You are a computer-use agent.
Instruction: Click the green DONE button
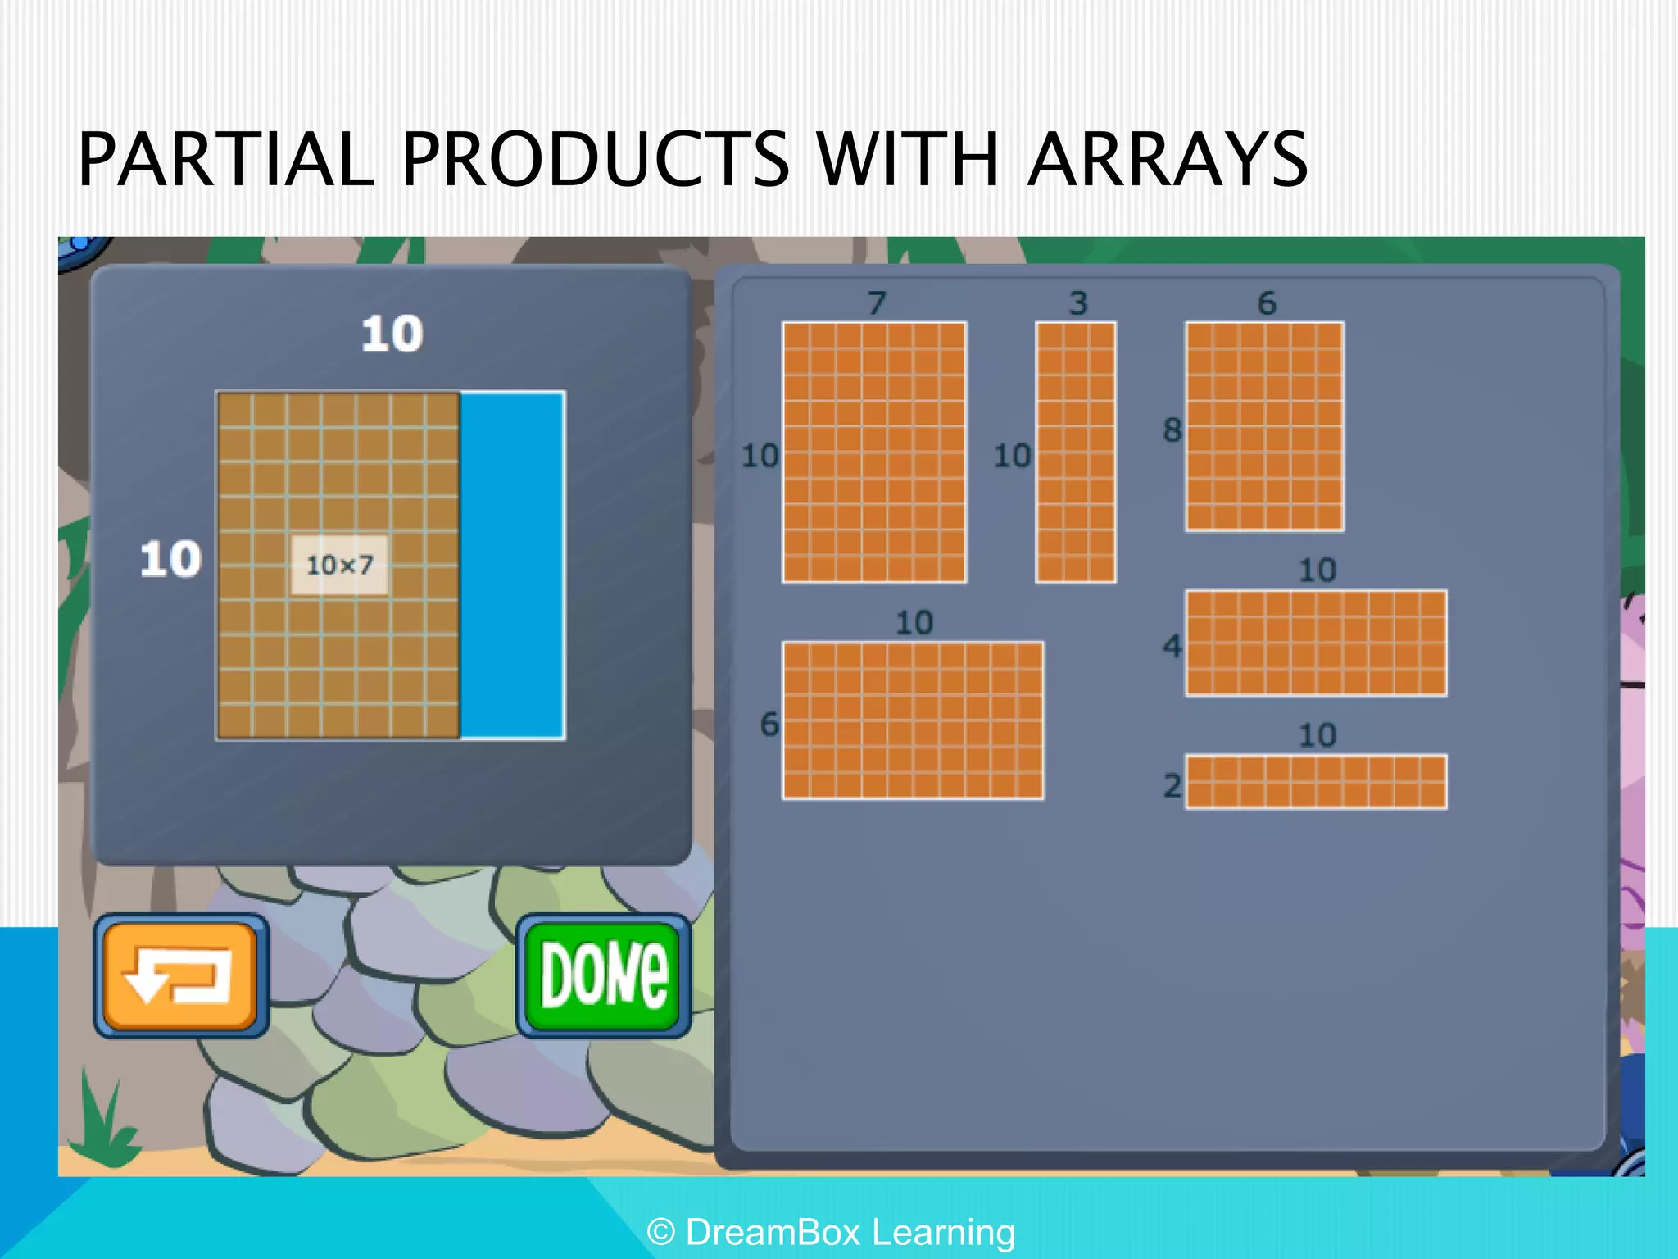604,975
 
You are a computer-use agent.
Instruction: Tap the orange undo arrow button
181,975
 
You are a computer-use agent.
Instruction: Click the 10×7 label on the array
339,565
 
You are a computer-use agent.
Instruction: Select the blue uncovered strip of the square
512,566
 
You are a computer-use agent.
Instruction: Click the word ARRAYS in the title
1167,159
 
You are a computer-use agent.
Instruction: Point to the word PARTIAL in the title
226,159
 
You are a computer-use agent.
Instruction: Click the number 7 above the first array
877,303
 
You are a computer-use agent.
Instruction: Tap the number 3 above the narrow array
1077,303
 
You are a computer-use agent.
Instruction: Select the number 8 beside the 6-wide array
1172,430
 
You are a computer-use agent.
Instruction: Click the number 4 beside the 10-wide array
1172,646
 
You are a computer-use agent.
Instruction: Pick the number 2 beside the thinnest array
1172,785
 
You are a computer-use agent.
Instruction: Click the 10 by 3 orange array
1076,452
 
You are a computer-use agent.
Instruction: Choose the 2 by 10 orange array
1316,781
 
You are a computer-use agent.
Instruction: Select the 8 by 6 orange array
1264,425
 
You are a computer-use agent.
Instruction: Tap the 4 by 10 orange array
1316,643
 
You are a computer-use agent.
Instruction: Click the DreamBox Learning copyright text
831,1232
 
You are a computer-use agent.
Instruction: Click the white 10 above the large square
392,334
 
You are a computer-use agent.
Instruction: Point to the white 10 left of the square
170,559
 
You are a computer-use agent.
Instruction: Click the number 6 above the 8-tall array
1267,303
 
